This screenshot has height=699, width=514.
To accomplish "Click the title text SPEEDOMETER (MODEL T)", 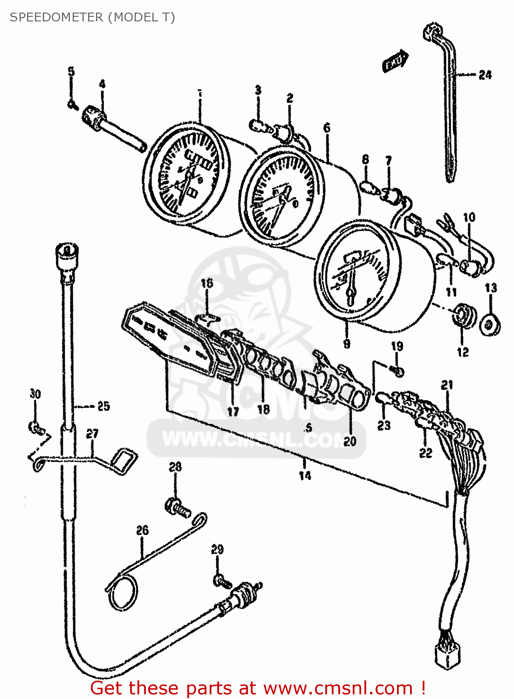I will click(x=92, y=17).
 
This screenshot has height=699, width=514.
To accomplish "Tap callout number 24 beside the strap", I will click(x=485, y=75).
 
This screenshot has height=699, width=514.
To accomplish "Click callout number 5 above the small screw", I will click(x=71, y=72).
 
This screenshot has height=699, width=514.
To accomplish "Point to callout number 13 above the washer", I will click(x=491, y=288).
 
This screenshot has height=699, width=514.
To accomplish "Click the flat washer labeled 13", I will click(x=490, y=324).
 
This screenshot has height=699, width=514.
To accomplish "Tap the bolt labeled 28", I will click(x=177, y=507).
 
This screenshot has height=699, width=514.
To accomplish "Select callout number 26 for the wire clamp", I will click(x=142, y=530).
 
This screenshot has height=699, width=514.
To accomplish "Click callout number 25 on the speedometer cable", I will click(x=103, y=406).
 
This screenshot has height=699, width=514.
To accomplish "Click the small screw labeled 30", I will click(x=36, y=427).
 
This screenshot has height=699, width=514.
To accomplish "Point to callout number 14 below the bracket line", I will click(x=305, y=475).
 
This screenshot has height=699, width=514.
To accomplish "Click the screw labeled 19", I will click(x=397, y=371).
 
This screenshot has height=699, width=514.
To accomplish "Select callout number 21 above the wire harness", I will click(x=447, y=385).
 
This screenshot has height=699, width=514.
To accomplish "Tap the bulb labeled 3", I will click(x=258, y=125).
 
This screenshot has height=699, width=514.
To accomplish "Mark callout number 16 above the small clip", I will click(x=206, y=283).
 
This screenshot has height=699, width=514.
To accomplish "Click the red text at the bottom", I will click(x=258, y=688).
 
